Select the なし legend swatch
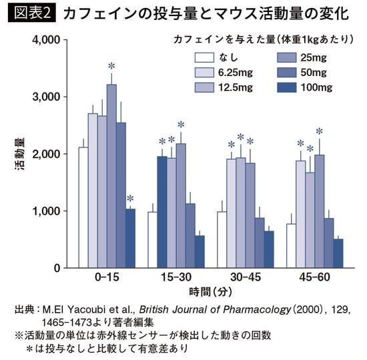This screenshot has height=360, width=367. tap(204, 58)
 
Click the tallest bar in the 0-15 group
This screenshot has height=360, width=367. tap(111, 176)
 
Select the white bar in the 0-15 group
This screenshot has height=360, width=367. tap(83, 207)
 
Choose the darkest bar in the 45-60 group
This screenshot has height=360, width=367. tap(338, 253)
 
